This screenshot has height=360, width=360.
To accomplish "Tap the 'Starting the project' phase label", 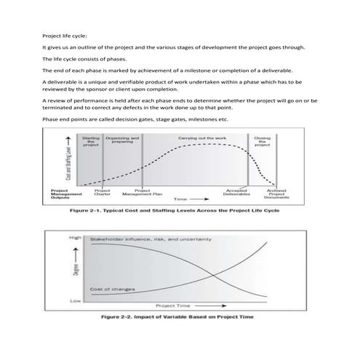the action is point(91,141).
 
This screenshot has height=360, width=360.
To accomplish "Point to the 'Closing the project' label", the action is point(263,141).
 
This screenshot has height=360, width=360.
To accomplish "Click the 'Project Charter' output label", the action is point(103,193).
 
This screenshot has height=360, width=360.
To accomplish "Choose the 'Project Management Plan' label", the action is point(137,193).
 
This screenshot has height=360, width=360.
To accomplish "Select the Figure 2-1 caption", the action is point(174,211).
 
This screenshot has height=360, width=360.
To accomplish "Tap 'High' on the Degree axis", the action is point(75,238).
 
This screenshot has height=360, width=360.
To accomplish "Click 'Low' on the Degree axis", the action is point(75,300).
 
